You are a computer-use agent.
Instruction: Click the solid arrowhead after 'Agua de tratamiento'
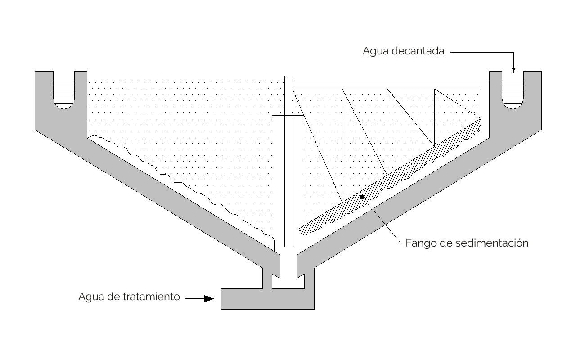[208, 298]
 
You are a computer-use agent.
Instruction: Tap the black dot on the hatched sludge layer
[362, 197]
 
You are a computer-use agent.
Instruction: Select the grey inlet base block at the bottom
[267, 299]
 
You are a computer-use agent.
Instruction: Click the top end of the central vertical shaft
[288, 78]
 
